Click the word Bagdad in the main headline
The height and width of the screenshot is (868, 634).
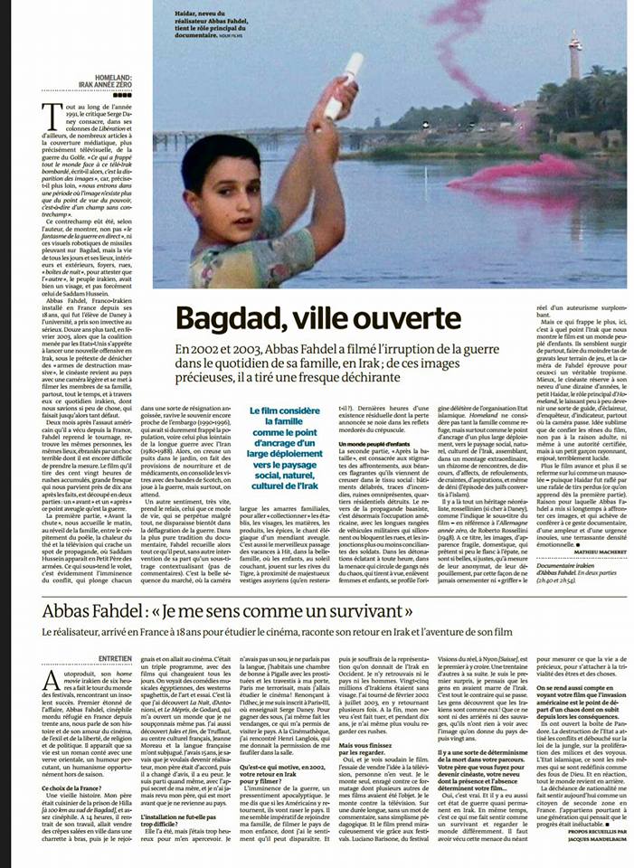[x=223, y=318]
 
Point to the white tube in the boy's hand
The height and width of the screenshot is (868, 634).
[x=344, y=86]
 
